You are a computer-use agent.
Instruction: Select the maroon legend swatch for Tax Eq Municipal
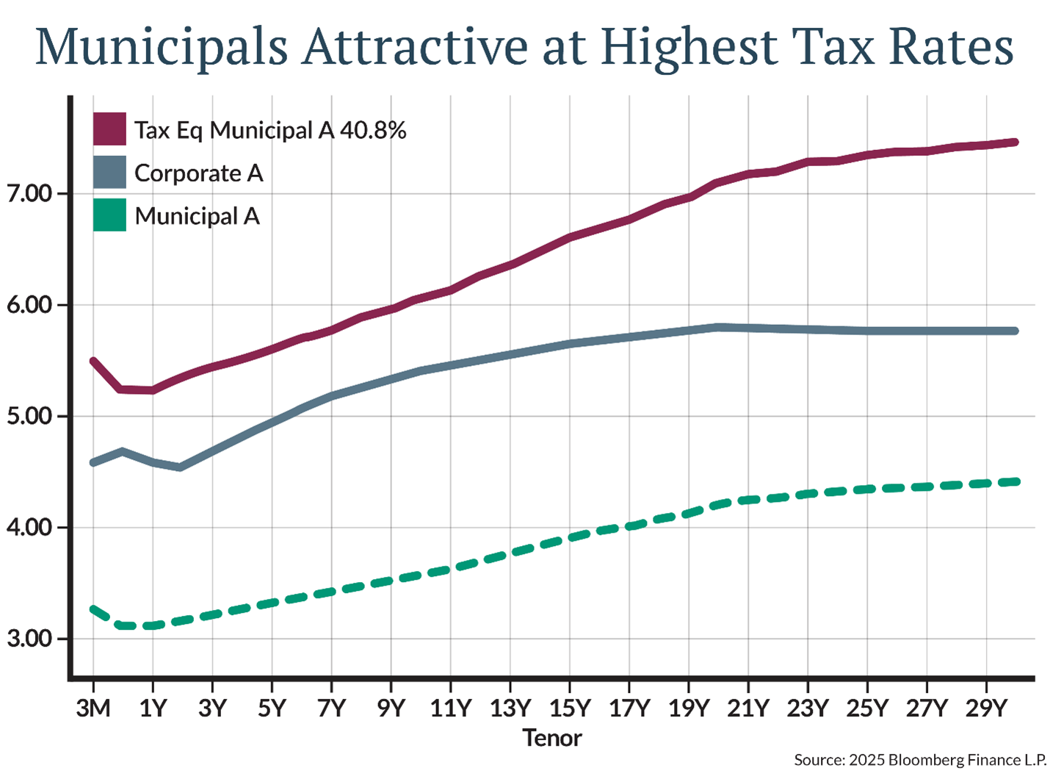click(109, 129)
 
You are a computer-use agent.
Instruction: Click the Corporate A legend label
click(198, 173)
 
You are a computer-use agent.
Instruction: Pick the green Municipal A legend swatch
click(109, 215)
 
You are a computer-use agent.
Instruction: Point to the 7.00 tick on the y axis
click(30, 194)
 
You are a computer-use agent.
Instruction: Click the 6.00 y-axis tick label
click(30, 305)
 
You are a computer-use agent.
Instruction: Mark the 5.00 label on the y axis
click(30, 416)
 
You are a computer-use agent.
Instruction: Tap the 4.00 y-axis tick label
click(30, 528)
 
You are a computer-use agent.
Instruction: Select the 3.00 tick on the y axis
click(30, 639)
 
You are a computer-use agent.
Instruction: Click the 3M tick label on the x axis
click(93, 708)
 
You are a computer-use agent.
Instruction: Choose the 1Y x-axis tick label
click(153, 708)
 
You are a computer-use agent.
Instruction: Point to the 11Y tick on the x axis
click(450, 708)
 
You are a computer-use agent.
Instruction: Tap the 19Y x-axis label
click(689, 708)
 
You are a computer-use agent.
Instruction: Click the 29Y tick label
click(986, 708)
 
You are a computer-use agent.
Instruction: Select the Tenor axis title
click(552, 738)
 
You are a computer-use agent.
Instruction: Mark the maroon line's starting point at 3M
click(93, 361)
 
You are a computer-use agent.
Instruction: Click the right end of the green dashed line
click(1016, 481)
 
